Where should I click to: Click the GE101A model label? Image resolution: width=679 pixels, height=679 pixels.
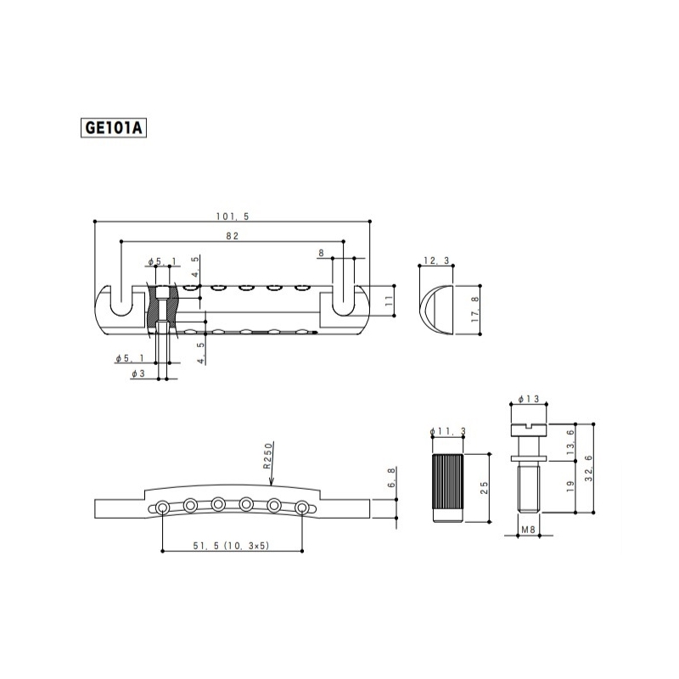(114, 128)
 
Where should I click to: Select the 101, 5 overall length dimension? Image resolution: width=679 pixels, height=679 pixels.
(233, 216)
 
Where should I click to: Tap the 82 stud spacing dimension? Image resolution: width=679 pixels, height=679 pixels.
(232, 236)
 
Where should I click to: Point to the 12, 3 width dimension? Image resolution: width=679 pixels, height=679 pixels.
(436, 261)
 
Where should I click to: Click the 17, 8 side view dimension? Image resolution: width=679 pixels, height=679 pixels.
(475, 309)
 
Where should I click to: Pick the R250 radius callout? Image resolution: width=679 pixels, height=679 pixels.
(267, 456)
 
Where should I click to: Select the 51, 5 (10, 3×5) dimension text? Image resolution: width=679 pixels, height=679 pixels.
(231, 546)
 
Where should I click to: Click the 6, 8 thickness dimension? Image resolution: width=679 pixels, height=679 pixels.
(391, 478)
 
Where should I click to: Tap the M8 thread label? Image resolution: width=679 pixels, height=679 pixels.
(528, 530)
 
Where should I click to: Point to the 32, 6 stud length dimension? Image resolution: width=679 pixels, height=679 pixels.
(588, 469)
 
